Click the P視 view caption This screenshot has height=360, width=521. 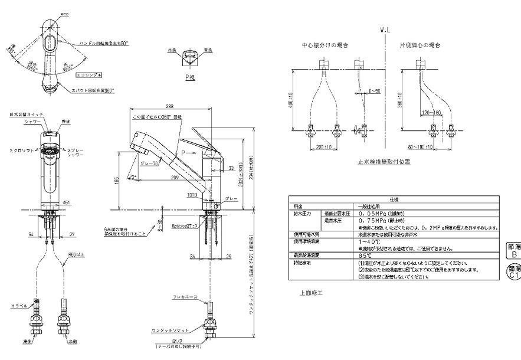190,77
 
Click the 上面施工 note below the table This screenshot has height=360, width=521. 310,292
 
